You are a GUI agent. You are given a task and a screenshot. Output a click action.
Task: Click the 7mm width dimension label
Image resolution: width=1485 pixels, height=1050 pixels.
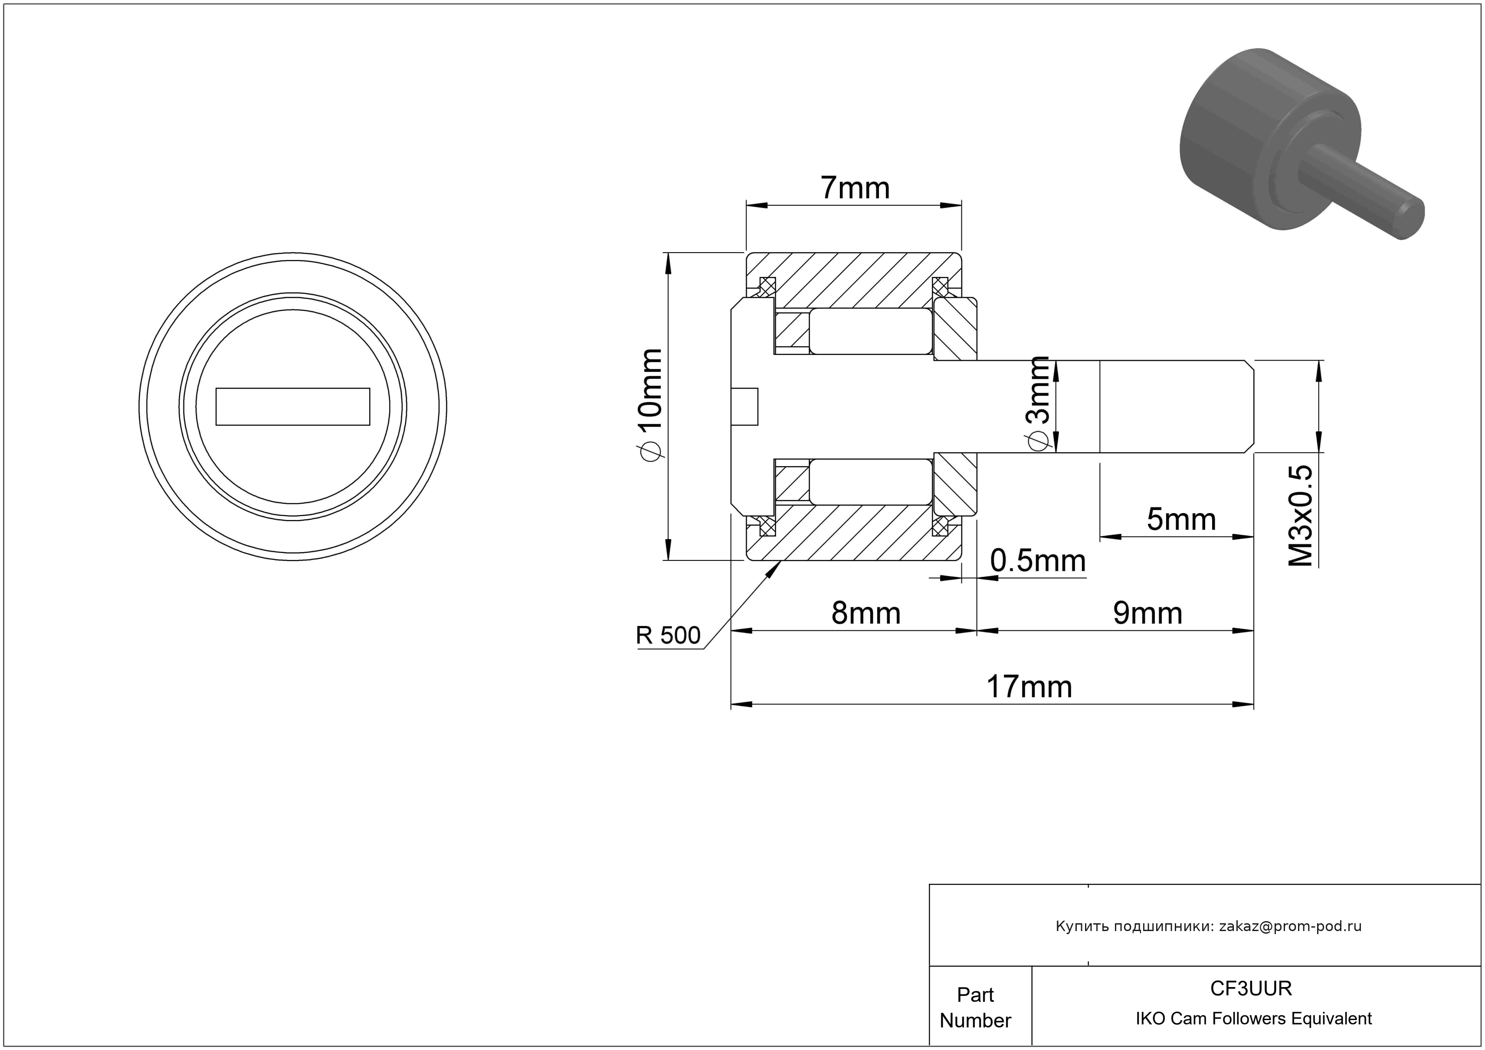click(x=855, y=188)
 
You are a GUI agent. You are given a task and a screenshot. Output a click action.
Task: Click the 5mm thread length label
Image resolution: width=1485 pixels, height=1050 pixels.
click(x=1181, y=520)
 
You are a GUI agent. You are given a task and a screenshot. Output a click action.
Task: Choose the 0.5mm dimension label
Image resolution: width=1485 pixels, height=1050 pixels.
click(x=1037, y=561)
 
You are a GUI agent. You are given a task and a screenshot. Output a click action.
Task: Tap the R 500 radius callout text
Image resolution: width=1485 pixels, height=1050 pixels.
click(x=668, y=636)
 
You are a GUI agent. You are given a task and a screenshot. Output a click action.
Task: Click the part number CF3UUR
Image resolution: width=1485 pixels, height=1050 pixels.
click(x=1250, y=988)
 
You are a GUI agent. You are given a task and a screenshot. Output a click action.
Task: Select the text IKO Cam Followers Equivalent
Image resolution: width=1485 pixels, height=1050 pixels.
click(x=1253, y=1019)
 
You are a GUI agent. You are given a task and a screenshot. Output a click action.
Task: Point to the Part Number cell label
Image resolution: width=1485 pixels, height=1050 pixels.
click(x=975, y=1007)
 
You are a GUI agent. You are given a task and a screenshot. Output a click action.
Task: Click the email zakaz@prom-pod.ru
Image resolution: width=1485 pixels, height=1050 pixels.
click(x=1290, y=926)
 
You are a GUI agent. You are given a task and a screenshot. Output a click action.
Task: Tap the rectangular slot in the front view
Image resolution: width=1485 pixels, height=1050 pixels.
click(x=292, y=406)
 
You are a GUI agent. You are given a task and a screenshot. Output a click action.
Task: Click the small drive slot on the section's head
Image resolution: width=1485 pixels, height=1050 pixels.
click(x=744, y=406)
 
